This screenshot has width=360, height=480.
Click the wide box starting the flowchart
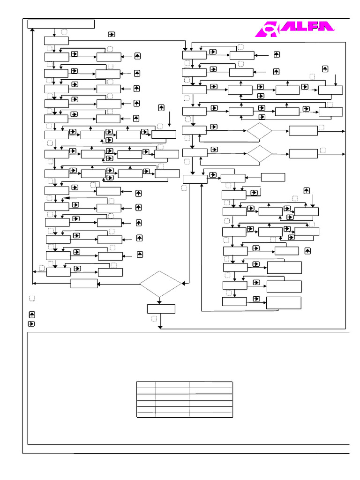pyautogui.click(x=61, y=24)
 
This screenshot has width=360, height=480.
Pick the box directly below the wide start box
pyautogui.click(x=56, y=41)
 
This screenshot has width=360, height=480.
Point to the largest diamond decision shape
pyautogui.click(x=160, y=284)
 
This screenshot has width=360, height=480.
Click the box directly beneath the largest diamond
pyautogui.click(x=161, y=309)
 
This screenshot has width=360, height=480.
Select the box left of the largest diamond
pyautogui.click(x=84, y=283)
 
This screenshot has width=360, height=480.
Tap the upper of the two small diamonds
pyautogui.click(x=259, y=131)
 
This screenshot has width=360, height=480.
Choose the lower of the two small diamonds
pyautogui.click(x=259, y=154)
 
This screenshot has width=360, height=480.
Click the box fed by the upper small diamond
pyautogui.click(x=303, y=131)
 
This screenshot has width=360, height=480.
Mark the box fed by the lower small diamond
pyautogui.click(x=303, y=154)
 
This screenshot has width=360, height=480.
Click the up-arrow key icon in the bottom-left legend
pyautogui.click(x=31, y=315)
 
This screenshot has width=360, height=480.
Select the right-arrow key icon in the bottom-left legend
pyautogui.click(x=31, y=323)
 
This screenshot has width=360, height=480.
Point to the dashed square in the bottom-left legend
pyautogui.click(x=31, y=299)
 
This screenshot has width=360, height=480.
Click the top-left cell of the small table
pyautogui.click(x=146, y=384)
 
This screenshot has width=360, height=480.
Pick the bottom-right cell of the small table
pyautogui.click(x=210, y=414)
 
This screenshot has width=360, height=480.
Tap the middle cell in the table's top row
pyautogui.click(x=172, y=384)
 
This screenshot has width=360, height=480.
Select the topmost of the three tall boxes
pyautogui.click(x=284, y=268)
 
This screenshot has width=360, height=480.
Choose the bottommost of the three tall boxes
pyautogui.click(x=284, y=303)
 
